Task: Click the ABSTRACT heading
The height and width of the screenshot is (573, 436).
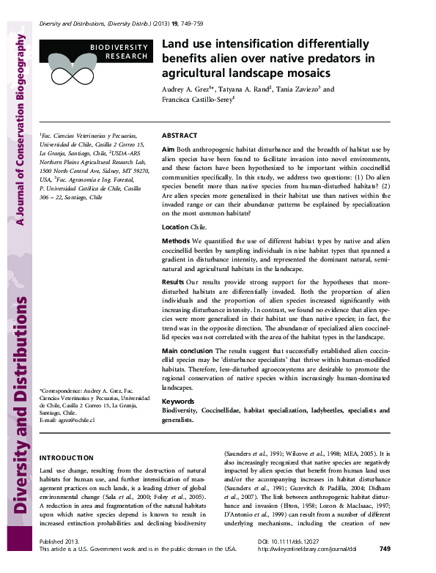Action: pos(179,136)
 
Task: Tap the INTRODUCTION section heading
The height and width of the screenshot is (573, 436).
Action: pos(66,456)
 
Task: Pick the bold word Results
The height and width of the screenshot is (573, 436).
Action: pos(172,281)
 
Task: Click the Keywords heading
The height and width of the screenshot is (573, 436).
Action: pos(178,402)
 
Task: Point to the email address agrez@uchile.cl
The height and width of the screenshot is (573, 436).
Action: pos(68,420)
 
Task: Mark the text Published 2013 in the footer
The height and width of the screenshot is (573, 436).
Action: pos(57,561)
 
